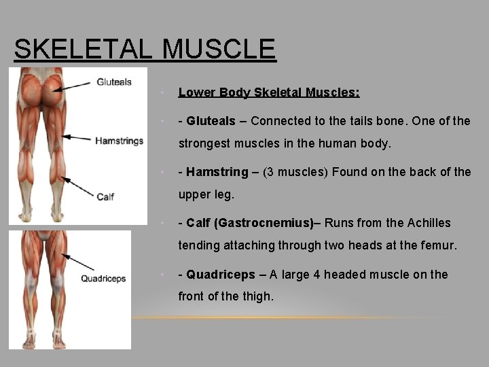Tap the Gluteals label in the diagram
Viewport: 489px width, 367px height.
[x=113, y=82]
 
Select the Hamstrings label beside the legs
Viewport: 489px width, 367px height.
[x=119, y=141]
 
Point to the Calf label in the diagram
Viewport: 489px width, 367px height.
[x=105, y=196]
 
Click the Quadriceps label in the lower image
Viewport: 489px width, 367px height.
[x=103, y=278]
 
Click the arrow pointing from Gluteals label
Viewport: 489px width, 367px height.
[x=73, y=85]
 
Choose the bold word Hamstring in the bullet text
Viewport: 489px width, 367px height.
[x=215, y=172]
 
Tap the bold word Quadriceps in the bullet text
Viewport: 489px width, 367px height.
[x=221, y=275]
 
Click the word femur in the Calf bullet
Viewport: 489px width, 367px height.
[x=438, y=245]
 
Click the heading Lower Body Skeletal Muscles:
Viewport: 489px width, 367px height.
[x=269, y=92]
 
